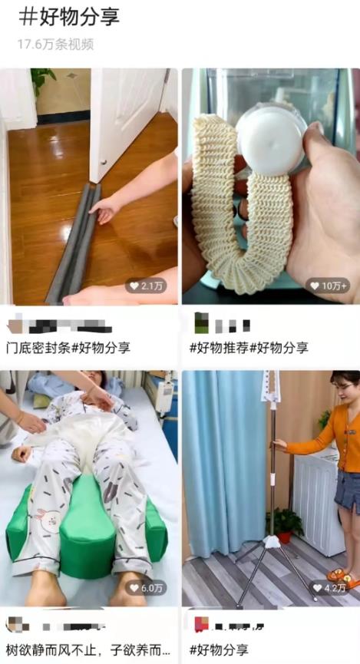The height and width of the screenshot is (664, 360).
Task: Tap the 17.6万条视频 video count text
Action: (55, 44)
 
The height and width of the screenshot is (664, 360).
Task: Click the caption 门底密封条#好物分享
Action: (68, 347)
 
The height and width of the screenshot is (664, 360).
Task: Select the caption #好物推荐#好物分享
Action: (249, 347)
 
